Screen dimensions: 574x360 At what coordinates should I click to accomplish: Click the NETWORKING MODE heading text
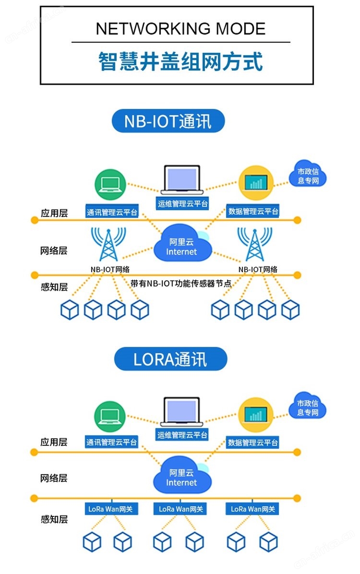pyautogui.click(x=180, y=29)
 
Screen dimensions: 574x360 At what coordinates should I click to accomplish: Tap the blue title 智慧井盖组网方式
pyautogui.click(x=180, y=62)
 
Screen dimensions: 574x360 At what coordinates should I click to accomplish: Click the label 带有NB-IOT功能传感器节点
pyautogui.click(x=181, y=283)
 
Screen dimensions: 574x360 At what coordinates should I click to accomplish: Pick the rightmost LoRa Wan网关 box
pyautogui.click(x=253, y=509)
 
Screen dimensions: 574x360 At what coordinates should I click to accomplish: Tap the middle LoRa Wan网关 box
pyautogui.click(x=181, y=509)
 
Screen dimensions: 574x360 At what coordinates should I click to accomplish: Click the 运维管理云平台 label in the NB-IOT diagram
pyautogui.click(x=182, y=204)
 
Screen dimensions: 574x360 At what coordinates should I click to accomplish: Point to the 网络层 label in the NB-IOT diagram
pyautogui.click(x=54, y=250)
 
